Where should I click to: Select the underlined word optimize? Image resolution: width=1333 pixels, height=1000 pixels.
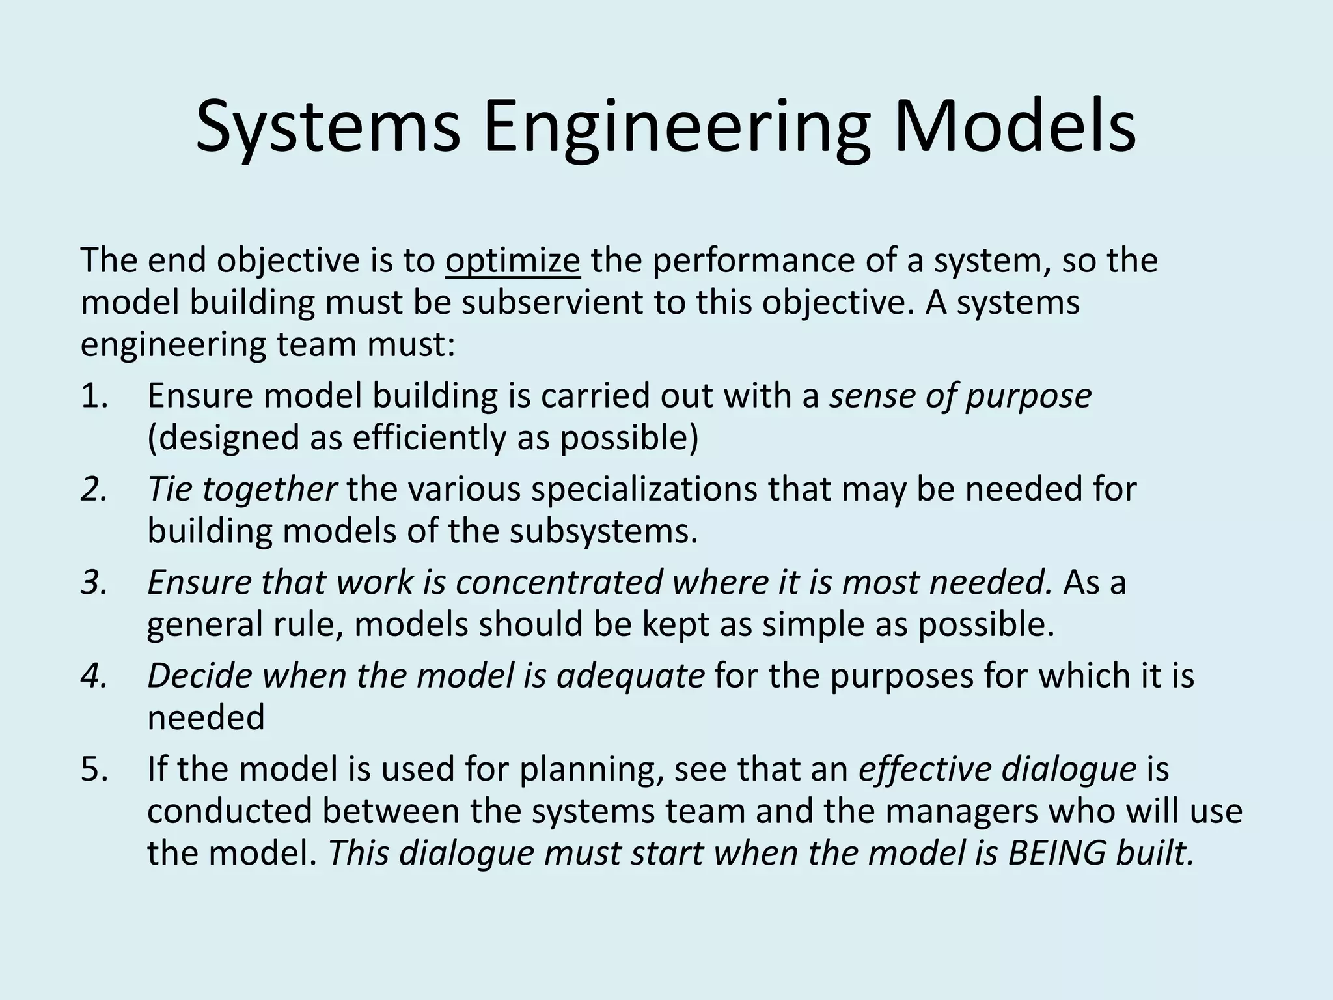[x=513, y=260]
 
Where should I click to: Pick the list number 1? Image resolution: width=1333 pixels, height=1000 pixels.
[x=94, y=396]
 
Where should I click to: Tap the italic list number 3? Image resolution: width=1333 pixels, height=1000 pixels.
[x=94, y=582]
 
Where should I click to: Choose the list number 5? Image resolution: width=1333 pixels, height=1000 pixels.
[x=94, y=769]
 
